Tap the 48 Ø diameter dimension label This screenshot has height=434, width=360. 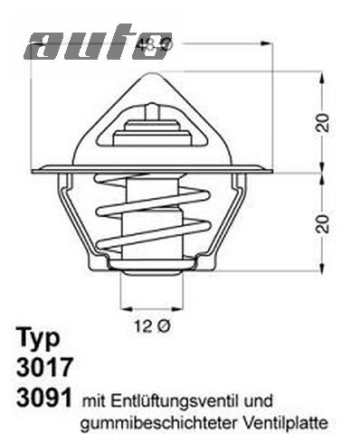tap(153, 43)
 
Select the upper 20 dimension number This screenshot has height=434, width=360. tap(322, 124)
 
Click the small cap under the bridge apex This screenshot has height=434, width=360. tap(152, 108)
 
